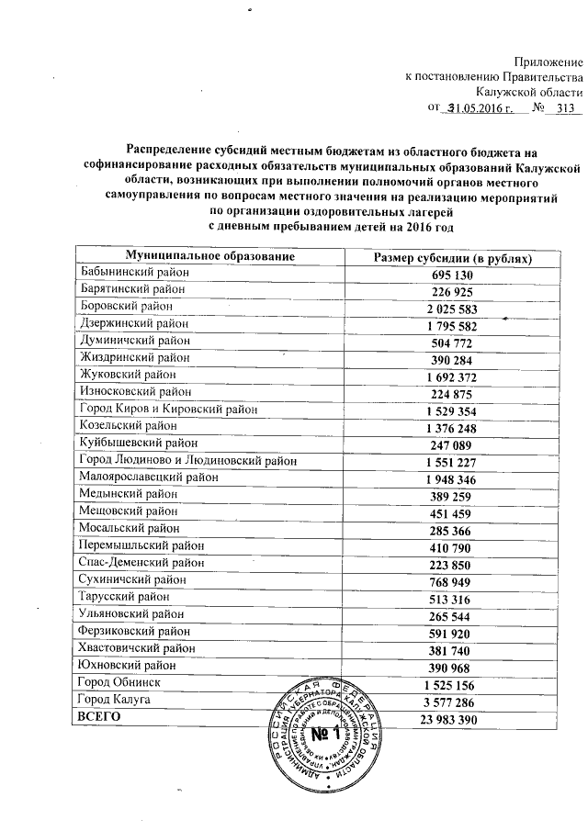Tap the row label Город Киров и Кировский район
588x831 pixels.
click(170, 408)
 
